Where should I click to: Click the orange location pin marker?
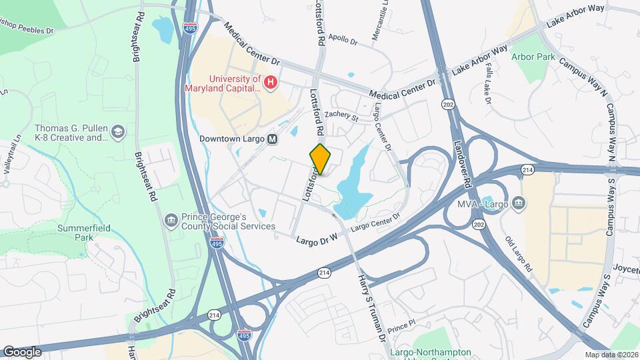pyautogui.click(x=321, y=159)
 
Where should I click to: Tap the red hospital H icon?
pyautogui.click(x=271, y=83)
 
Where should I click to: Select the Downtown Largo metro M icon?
pyautogui.click(x=272, y=139)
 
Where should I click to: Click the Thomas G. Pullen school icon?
pyautogui.click(x=119, y=131)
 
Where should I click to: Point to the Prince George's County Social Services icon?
pyautogui.click(x=171, y=219)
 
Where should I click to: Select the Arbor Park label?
pyautogui.click(x=533, y=57)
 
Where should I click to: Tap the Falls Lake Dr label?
pyautogui.click(x=488, y=86)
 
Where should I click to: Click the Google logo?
pyautogui.click(x=22, y=351)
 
